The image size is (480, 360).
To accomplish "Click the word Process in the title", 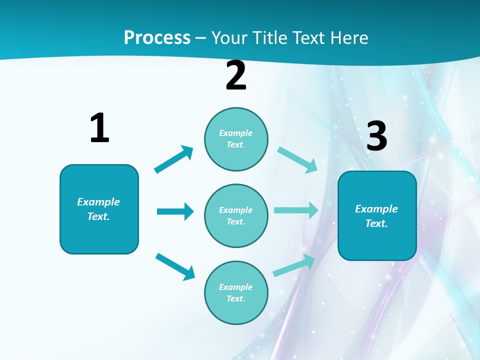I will pyautogui.click(x=157, y=38).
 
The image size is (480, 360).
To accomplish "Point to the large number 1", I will pyautogui.click(x=99, y=128).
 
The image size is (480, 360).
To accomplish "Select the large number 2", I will pyautogui.click(x=236, y=75).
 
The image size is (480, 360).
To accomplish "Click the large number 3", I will pyautogui.click(x=376, y=136).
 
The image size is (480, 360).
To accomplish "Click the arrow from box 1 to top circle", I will pyautogui.click(x=174, y=159).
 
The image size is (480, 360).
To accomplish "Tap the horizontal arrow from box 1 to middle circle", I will pyautogui.click(x=175, y=211).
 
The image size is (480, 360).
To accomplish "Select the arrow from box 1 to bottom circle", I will pyautogui.click(x=175, y=266).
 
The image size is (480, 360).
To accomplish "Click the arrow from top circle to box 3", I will pyautogui.click(x=297, y=159).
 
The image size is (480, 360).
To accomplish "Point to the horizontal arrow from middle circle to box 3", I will pyautogui.click(x=296, y=210).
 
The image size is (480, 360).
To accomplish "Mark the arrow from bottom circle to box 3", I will pyautogui.click(x=294, y=265).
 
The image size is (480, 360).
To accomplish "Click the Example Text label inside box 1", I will pyautogui.click(x=98, y=209).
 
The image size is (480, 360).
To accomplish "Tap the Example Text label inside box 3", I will pyautogui.click(x=376, y=216).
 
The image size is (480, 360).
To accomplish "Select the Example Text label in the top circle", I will pyautogui.click(x=236, y=138).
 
